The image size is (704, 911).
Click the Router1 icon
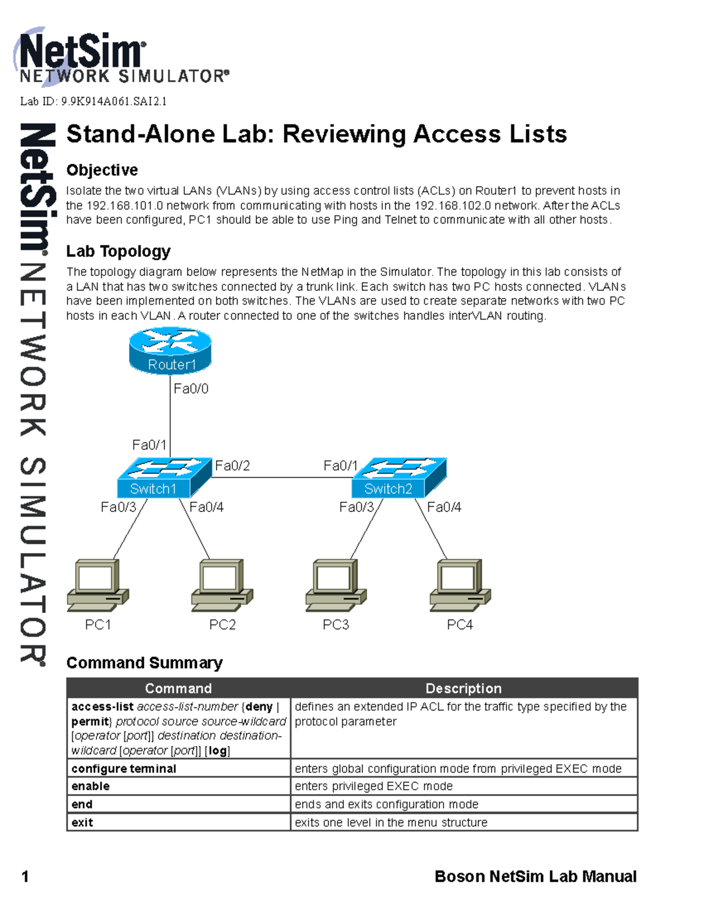click(170, 351)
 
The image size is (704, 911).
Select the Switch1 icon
click(164, 477)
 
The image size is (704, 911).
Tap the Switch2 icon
click(399, 477)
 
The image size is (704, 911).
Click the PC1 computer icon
click(97, 584)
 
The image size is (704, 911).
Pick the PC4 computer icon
click(460, 584)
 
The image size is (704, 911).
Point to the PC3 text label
click(336, 625)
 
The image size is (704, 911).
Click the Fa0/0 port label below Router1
click(191, 388)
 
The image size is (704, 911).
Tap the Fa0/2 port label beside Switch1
click(232, 466)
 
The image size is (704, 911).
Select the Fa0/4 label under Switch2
click(444, 507)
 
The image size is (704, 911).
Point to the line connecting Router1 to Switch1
click(170, 416)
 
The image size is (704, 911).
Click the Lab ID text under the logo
click(93, 101)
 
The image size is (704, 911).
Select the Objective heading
click(102, 170)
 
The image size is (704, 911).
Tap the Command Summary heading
click(144, 663)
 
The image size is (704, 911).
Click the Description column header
click(463, 688)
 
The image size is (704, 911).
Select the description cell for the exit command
click(463, 822)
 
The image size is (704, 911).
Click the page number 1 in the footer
click(25, 876)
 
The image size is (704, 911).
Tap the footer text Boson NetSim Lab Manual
click(535, 876)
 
